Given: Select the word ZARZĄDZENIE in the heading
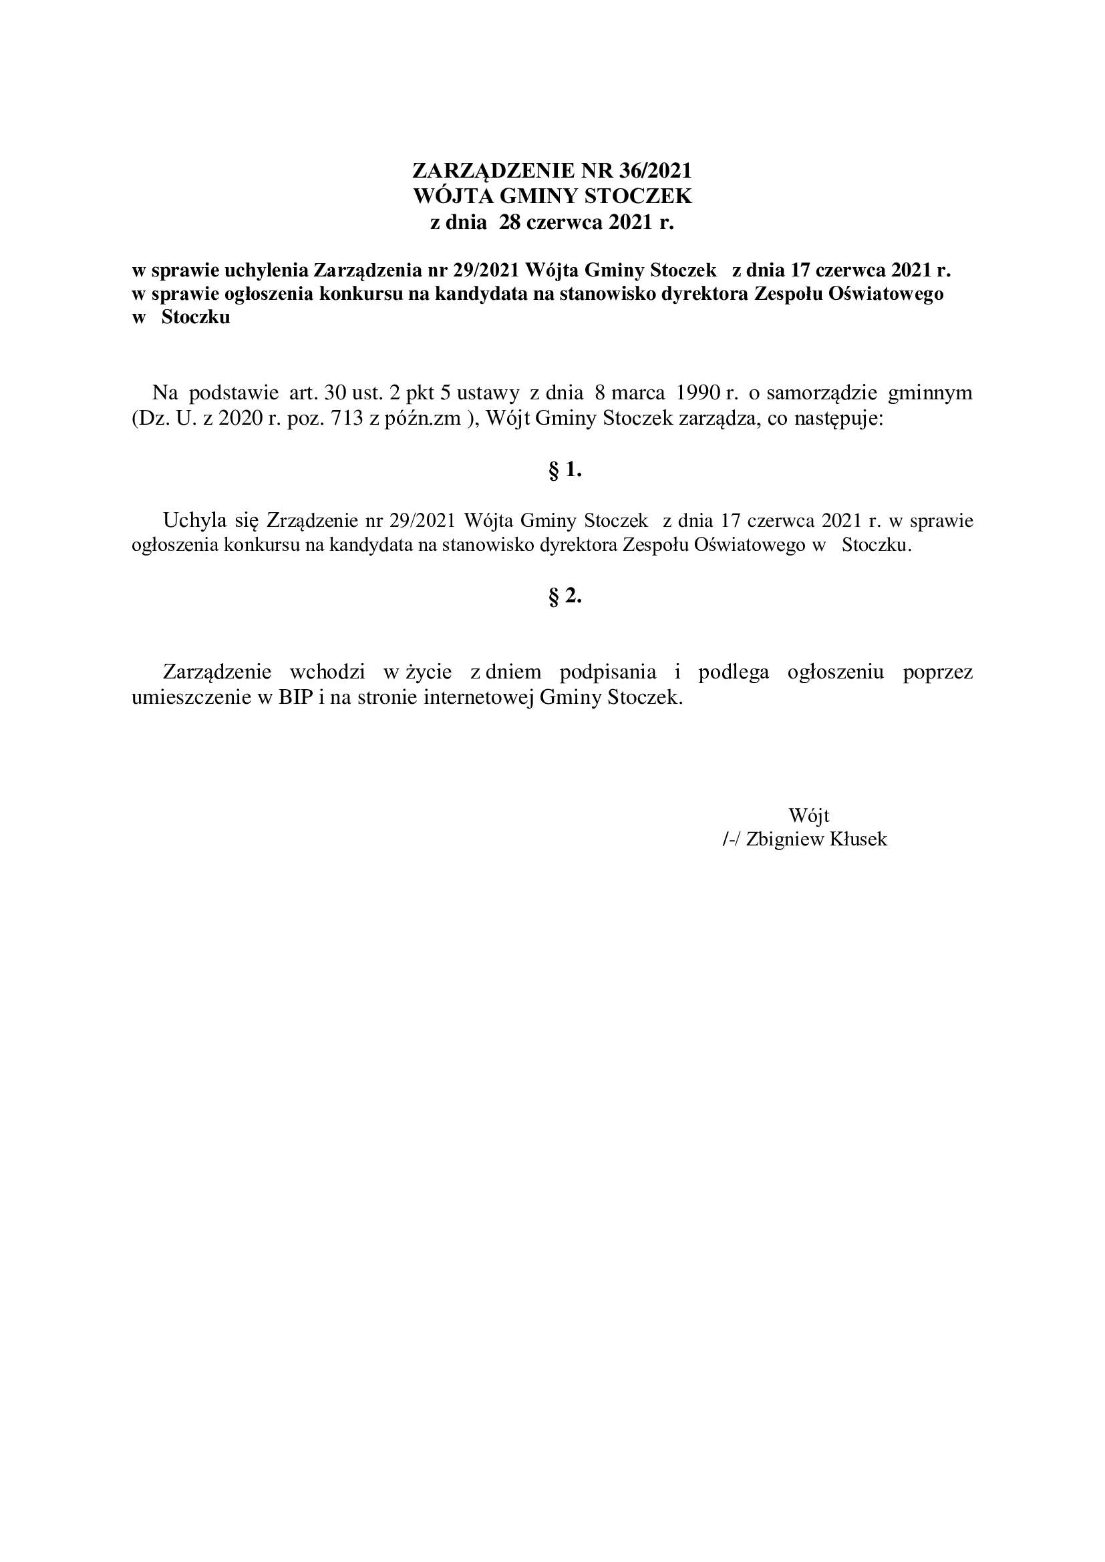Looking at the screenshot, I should tap(494, 170).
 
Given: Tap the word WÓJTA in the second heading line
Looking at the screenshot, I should tap(454, 196).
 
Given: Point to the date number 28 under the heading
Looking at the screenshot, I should tap(510, 222).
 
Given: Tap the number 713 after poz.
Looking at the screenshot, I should tap(346, 419).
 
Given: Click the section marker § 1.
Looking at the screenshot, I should tap(565, 470).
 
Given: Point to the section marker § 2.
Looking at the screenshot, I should tap(565, 596).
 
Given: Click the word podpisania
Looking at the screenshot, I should tap(607, 672).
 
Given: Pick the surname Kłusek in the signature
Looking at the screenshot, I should tap(858, 839).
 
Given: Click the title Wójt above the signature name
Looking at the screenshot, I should tap(808, 815).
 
